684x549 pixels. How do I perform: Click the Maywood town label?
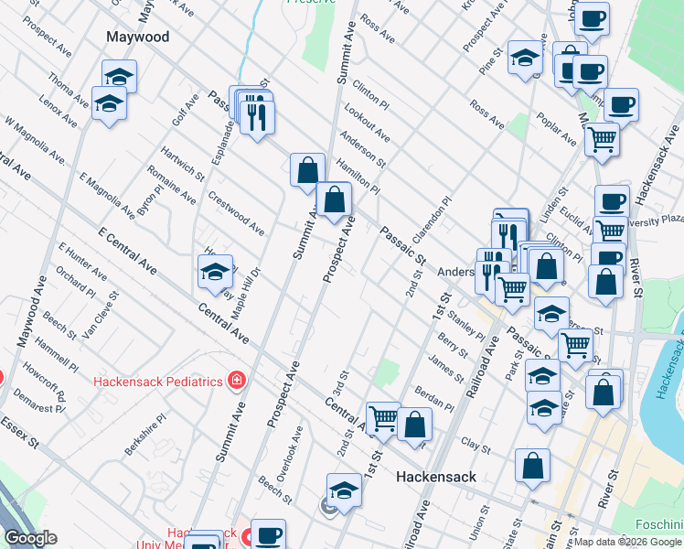(138, 38)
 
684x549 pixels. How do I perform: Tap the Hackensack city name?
(437, 477)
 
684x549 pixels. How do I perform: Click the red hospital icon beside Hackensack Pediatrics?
(237, 380)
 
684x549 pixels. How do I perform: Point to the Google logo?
(30, 538)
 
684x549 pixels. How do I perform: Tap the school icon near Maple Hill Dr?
(216, 272)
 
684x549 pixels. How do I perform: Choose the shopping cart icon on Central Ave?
(383, 419)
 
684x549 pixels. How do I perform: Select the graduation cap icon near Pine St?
(526, 57)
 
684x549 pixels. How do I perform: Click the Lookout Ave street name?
(367, 124)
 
